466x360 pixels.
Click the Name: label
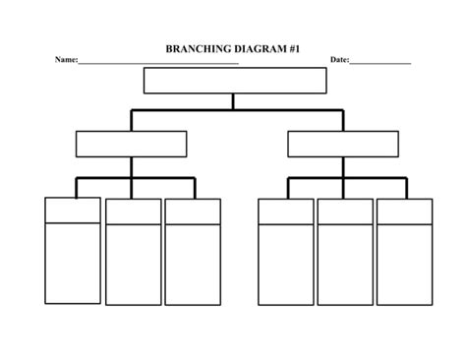[x=66, y=60]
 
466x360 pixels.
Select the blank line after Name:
[x=158, y=62]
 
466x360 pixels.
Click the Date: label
[x=339, y=60]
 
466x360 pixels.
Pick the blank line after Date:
[x=380, y=62]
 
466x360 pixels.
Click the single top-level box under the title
[x=234, y=80]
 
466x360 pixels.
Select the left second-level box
[x=131, y=144]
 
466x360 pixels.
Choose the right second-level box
[x=343, y=144]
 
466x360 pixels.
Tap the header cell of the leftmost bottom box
[x=73, y=210]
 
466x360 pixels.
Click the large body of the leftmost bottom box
[x=73, y=263]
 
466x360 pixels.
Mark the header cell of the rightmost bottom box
[x=404, y=211]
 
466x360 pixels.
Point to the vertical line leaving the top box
[x=233, y=100]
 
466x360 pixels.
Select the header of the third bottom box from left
[x=193, y=211]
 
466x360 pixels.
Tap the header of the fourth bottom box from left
[x=286, y=211]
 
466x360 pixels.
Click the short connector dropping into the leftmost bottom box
[x=77, y=188]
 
